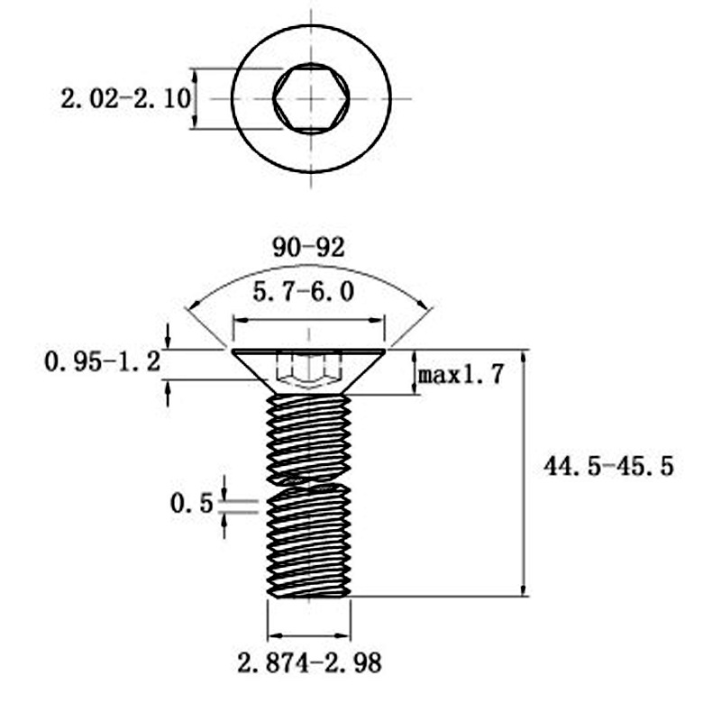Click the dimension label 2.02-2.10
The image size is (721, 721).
click(x=125, y=99)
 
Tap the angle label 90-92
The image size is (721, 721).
click(x=308, y=247)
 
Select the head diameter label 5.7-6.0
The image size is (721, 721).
click(x=304, y=292)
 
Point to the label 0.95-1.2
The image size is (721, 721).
click(x=102, y=361)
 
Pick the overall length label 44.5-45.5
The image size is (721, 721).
click(x=608, y=466)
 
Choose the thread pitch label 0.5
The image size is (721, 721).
click(x=192, y=503)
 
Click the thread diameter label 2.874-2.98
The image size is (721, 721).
click(x=309, y=663)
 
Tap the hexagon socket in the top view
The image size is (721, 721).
click(x=311, y=98)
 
